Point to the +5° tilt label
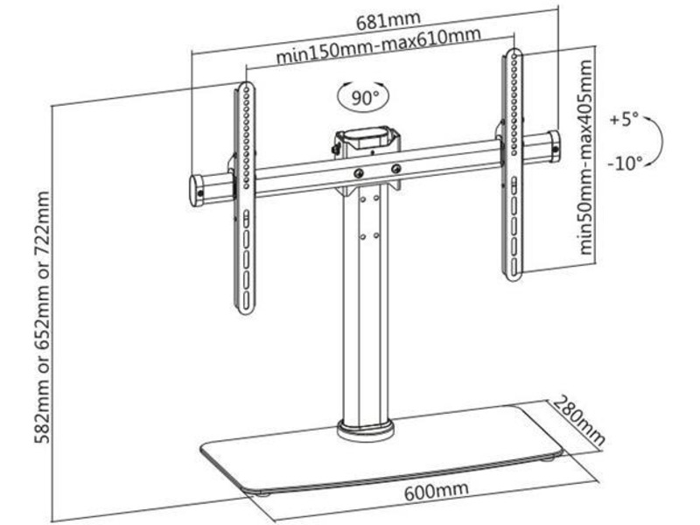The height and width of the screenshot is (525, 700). pos(625,119)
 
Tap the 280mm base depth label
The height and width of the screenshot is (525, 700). pos(578,423)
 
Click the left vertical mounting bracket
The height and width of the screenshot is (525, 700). pos(246,197)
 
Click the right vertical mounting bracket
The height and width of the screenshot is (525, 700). pos(511,166)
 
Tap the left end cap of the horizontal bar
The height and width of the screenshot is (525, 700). pos(199,188)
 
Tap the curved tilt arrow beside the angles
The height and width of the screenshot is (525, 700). pos(658,140)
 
